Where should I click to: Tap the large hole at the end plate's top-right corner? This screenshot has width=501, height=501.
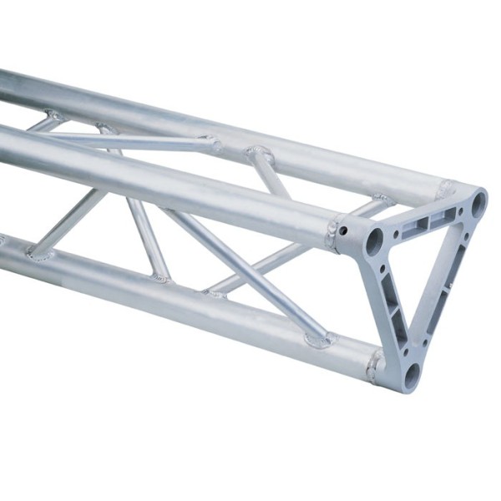[478, 202]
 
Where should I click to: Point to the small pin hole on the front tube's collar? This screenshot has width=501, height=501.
[342, 229]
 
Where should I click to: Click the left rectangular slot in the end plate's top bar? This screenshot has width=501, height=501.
[415, 224]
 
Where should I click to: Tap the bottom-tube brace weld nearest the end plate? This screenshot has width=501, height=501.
[319, 338]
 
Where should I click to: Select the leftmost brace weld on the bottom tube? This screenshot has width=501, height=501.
[38, 253]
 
